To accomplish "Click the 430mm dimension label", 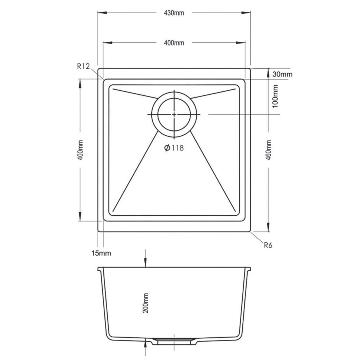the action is [x=174, y=13].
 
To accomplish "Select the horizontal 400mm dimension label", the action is [x=174, y=43].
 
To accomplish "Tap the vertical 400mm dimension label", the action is [x=80, y=150].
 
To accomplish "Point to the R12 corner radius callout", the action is [x=83, y=66].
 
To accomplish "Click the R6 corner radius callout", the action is [x=268, y=245].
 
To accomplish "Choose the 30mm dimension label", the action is [x=282, y=74].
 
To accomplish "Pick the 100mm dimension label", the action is [x=275, y=96].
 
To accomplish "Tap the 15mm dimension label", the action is [x=101, y=253].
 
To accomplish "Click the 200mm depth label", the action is [x=145, y=303].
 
